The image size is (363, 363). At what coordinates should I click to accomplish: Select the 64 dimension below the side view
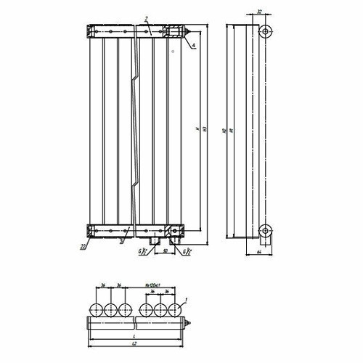259,252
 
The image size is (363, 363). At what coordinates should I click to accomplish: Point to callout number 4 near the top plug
195,46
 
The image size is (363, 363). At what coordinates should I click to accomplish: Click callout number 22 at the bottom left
84,247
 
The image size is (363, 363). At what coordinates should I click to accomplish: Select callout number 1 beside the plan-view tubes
187,300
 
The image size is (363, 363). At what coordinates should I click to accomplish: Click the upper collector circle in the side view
266,32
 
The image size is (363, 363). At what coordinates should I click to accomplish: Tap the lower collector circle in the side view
266,232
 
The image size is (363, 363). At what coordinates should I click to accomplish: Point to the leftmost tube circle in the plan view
95,310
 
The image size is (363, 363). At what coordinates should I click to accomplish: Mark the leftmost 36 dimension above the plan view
103,285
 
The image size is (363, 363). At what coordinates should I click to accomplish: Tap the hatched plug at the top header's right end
174,33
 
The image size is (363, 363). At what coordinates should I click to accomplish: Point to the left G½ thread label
144,251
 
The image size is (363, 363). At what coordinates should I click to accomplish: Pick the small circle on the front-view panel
173,52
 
